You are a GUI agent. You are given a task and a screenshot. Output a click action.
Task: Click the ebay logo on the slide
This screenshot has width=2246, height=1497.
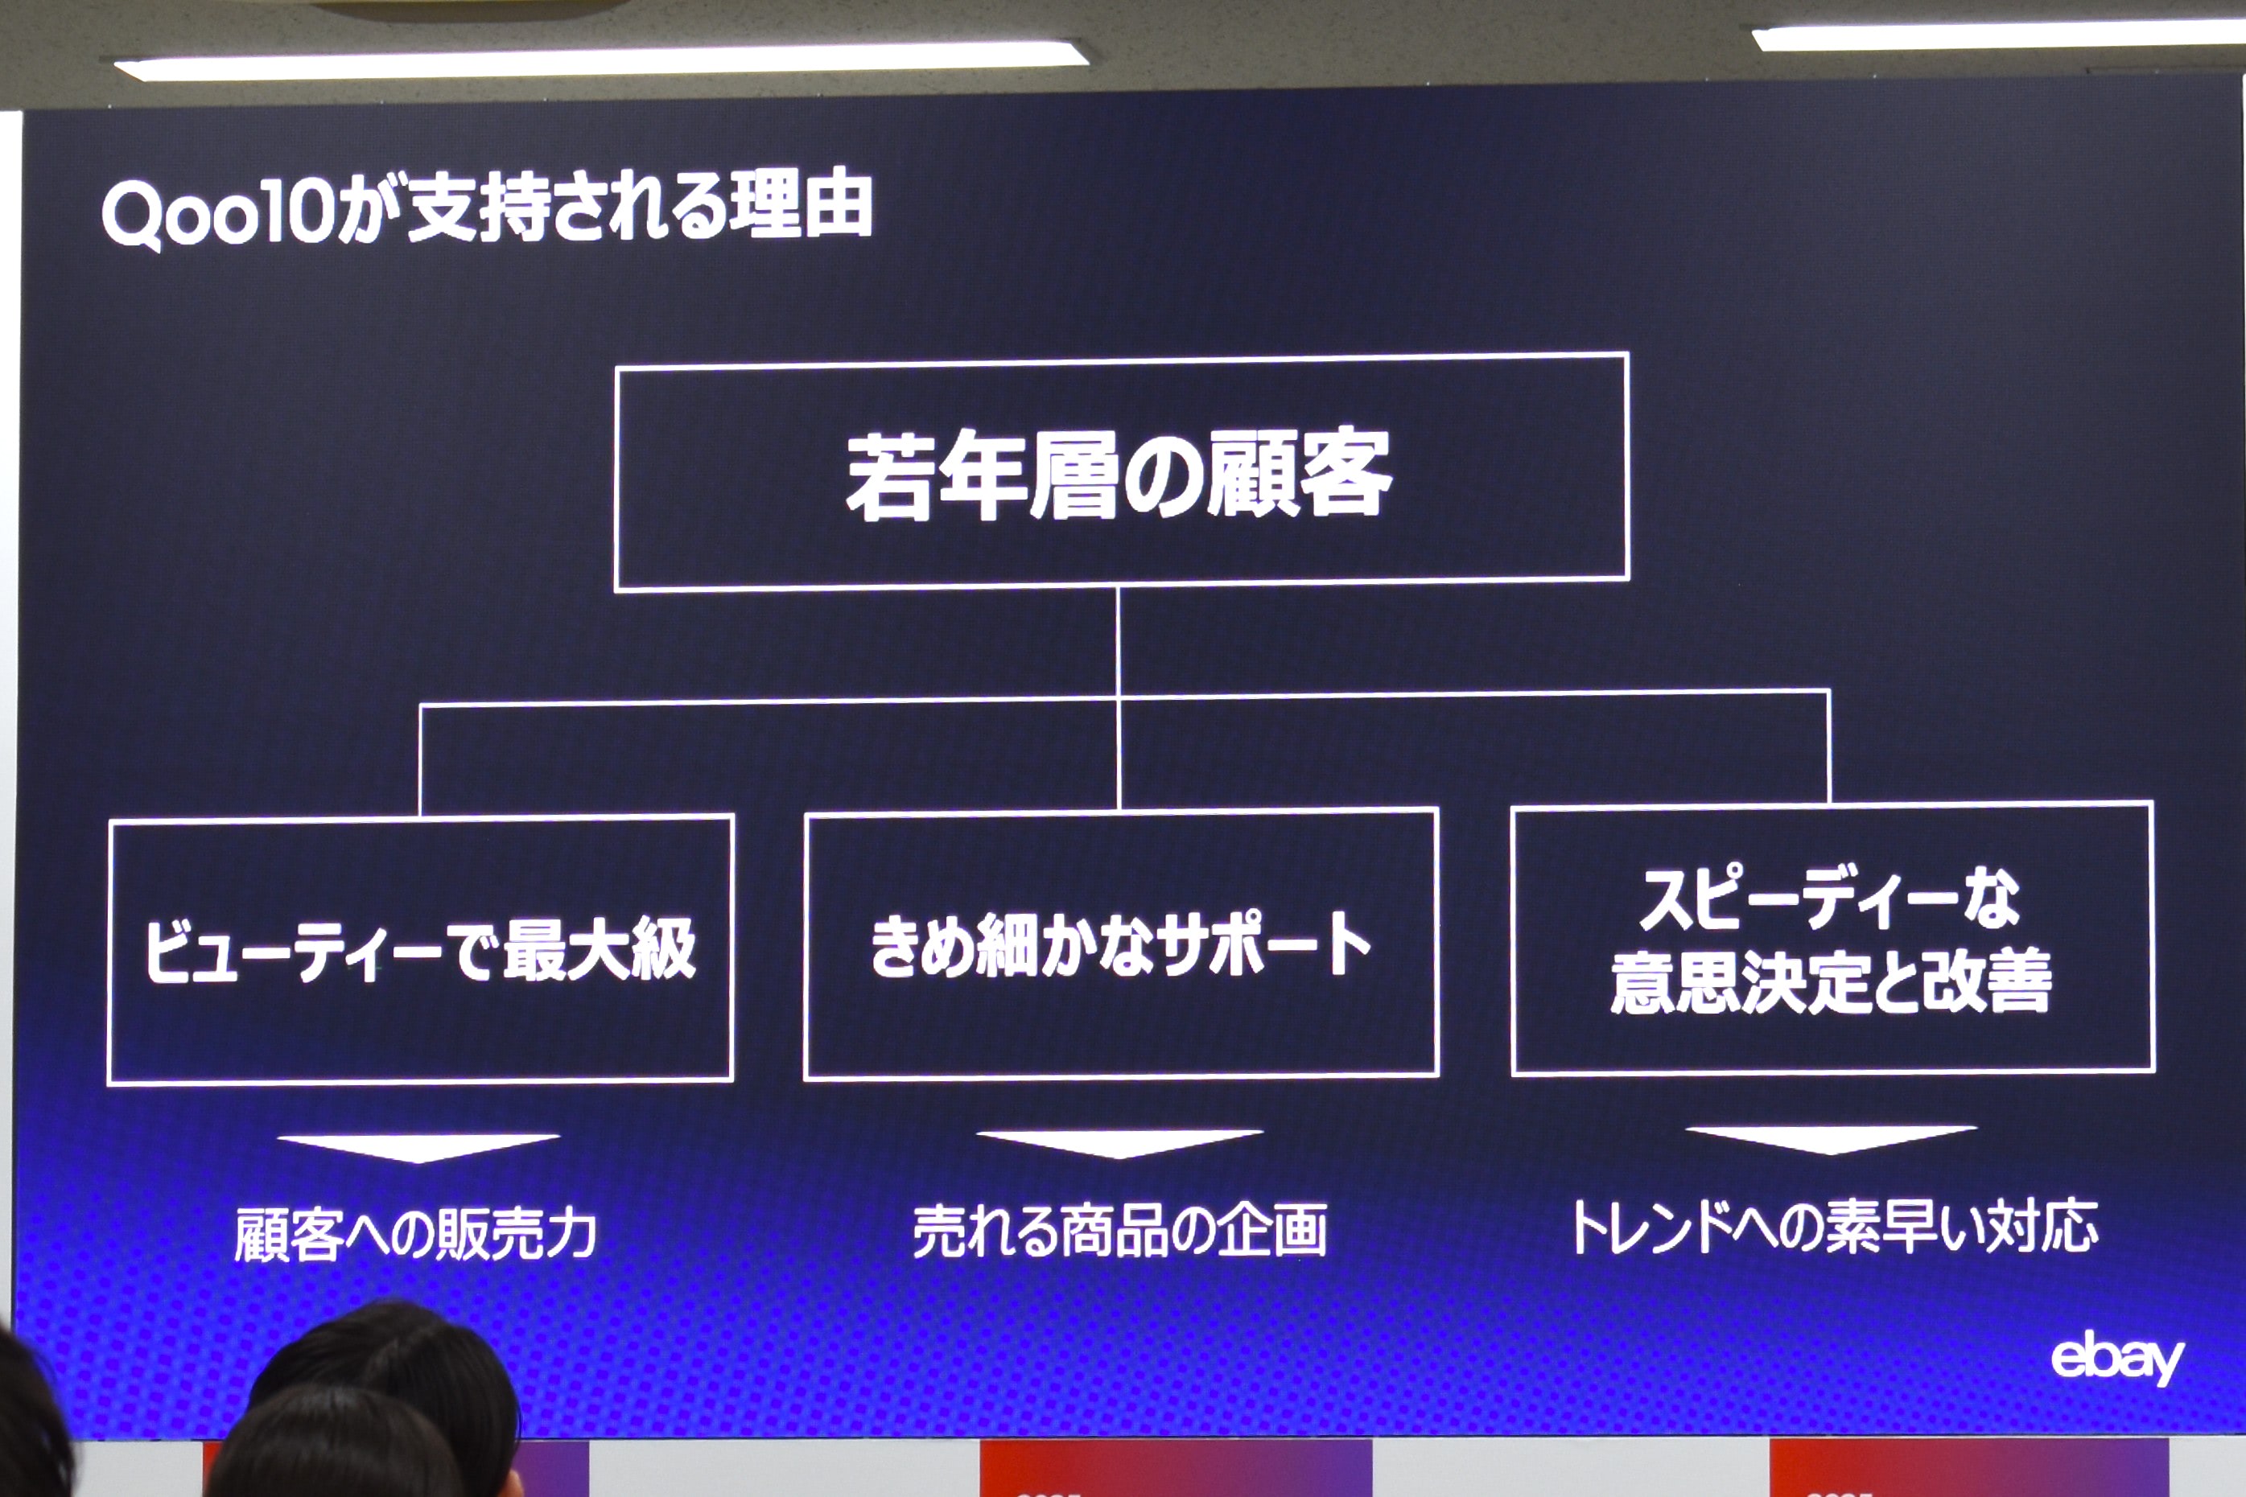(x=2117, y=1357)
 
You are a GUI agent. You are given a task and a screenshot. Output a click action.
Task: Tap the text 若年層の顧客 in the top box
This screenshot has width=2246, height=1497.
(x=1119, y=475)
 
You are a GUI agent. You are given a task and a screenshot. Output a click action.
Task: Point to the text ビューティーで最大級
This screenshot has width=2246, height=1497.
(x=420, y=949)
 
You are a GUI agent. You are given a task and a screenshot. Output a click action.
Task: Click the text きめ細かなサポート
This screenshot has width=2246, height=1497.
(x=1120, y=944)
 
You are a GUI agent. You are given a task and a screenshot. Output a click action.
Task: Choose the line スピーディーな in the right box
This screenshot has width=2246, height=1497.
(x=1830, y=898)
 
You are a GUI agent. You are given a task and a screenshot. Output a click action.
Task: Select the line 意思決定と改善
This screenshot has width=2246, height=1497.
(x=1831, y=981)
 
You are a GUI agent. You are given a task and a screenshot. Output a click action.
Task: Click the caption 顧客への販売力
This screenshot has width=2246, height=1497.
(x=415, y=1235)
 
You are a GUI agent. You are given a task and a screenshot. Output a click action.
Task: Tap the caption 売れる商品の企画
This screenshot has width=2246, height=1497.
(x=1119, y=1231)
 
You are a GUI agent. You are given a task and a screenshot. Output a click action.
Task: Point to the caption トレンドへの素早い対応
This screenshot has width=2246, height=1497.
(x=1833, y=1227)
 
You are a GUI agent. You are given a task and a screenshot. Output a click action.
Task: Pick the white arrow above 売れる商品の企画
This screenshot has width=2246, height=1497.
(x=1119, y=1144)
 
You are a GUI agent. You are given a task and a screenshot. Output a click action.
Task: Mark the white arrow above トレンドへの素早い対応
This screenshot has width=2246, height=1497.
(x=1831, y=1139)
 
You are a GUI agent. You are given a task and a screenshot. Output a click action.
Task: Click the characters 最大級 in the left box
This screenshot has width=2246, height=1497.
(x=600, y=949)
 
